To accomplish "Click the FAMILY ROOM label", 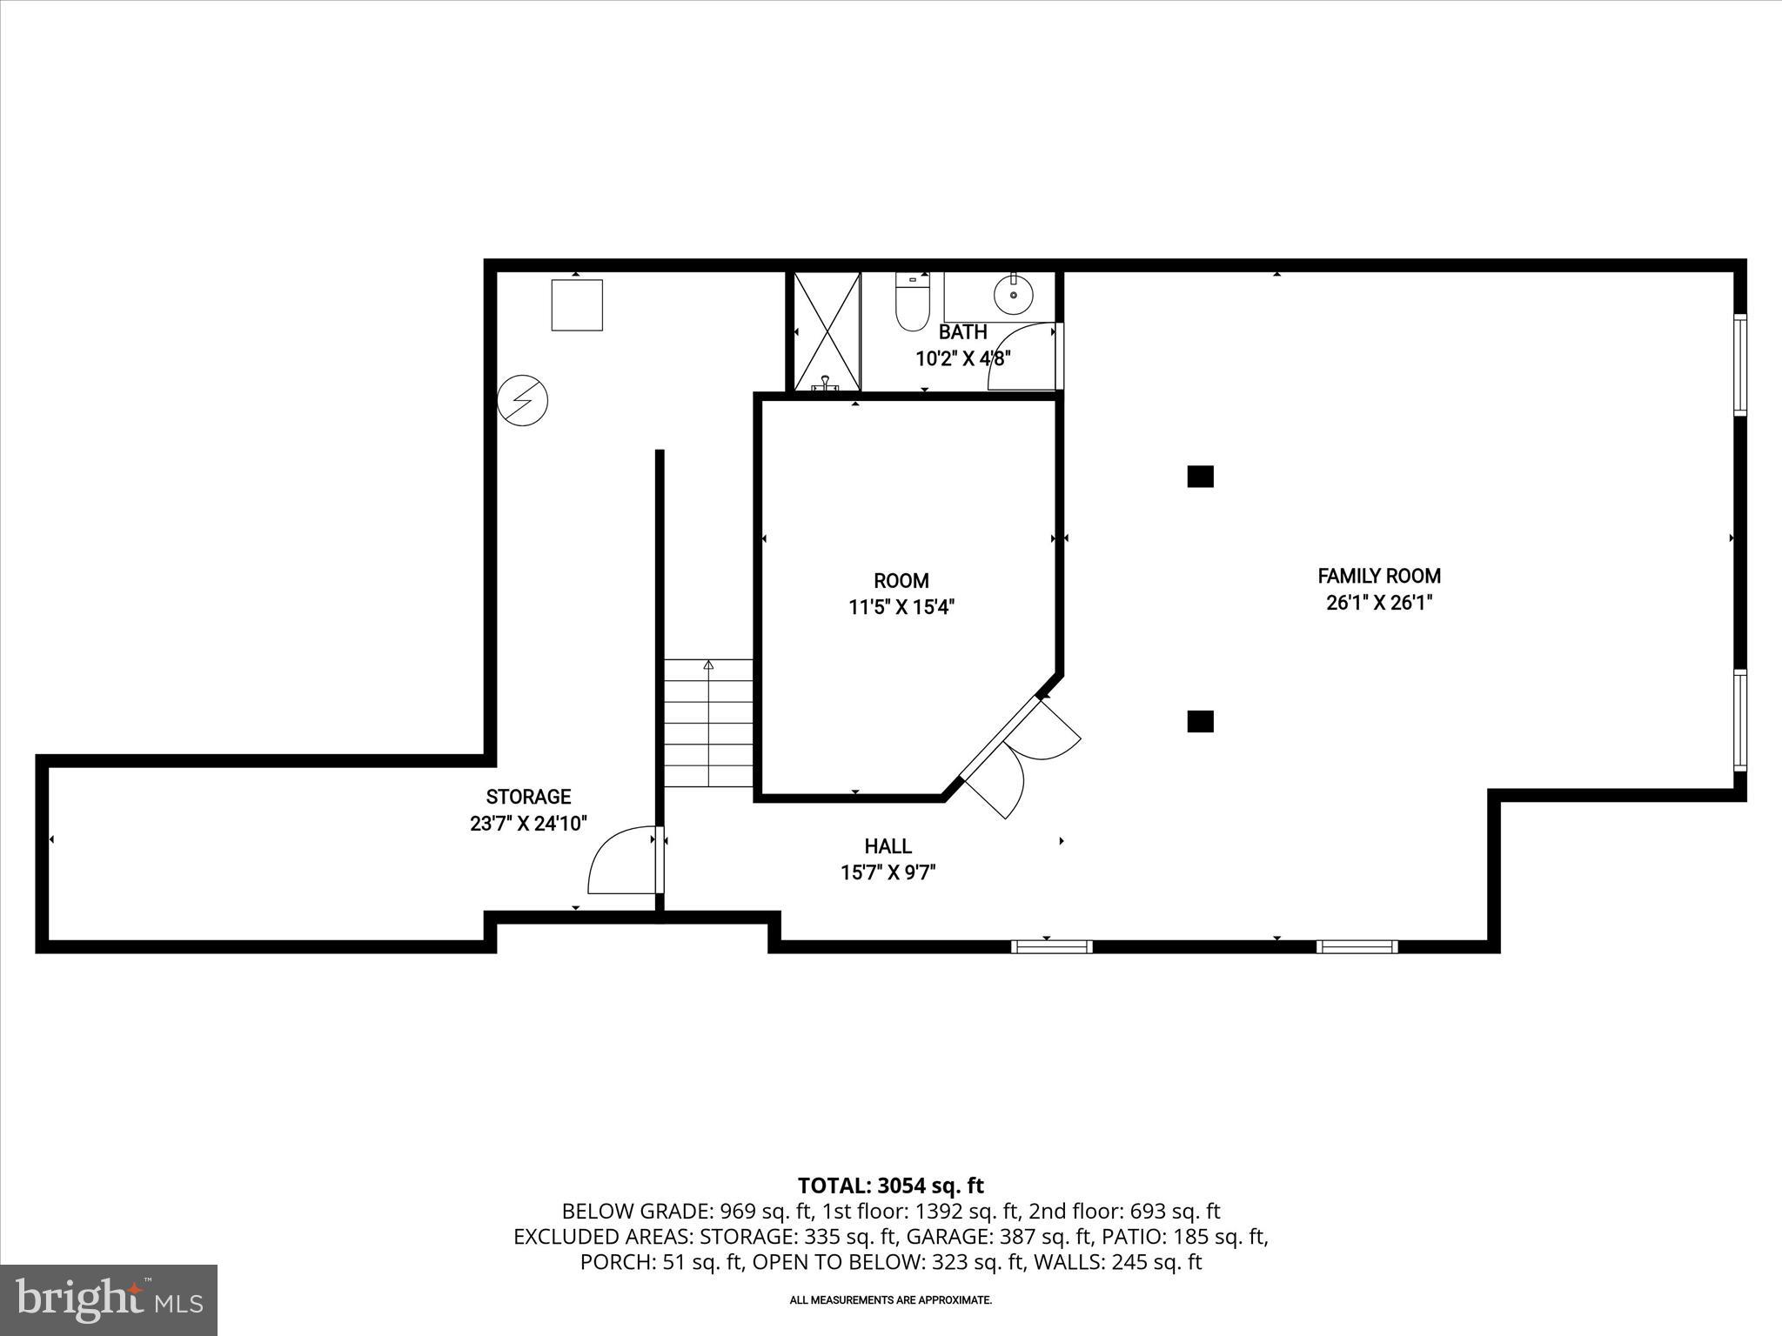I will coord(1379,576).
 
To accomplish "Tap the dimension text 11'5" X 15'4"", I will coord(901,607).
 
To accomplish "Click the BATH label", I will coord(962,332).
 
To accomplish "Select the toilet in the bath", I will coord(913,305).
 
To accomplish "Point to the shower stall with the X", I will coord(824,331).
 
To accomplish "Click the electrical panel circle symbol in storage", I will coord(523,401).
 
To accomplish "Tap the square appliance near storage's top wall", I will coord(577,304).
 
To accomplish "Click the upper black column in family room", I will coord(1200,477).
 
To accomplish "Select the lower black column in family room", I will coord(1200,721).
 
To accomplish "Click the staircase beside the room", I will coord(708,724).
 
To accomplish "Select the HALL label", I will coord(888,846).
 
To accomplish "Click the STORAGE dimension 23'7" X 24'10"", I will coord(529,823).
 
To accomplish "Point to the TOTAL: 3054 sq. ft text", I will coord(890,1186).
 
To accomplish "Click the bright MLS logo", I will coord(109,1299).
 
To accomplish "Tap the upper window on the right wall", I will coord(1739,364).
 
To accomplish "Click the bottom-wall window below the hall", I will coord(1051,946).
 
